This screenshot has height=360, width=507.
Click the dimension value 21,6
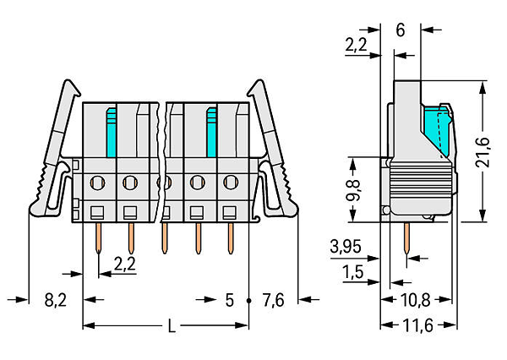tap(482, 152)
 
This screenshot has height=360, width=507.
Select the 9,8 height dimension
tap(352, 190)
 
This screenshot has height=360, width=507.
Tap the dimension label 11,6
tap(417, 325)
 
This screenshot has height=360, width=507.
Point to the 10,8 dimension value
tap(416, 300)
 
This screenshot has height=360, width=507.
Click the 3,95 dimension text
tap(346, 247)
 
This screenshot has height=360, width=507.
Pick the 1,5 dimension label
tap(352, 272)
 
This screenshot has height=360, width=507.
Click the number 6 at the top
tap(401, 30)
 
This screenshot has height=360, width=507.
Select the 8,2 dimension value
tap(56, 301)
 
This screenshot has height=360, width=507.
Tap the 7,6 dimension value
tap(273, 301)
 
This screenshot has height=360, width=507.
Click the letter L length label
tap(172, 326)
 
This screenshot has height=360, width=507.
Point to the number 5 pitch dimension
tap(229, 301)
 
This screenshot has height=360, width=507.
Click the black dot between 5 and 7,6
tap(248, 301)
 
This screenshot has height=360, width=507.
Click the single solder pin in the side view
tap(406, 238)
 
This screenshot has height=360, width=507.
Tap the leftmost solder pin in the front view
tap(98, 238)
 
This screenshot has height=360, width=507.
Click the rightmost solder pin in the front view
tap(230, 238)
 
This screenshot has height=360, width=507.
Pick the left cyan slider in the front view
tap(112, 133)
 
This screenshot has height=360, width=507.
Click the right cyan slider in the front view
tap(212, 133)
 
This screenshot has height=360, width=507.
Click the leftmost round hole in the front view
tap(97, 183)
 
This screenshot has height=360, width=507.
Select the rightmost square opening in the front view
tap(229, 212)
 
